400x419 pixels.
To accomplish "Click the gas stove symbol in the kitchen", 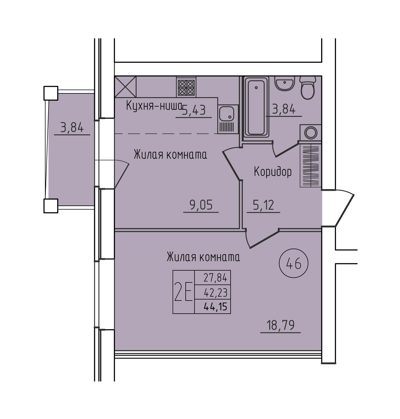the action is [186, 87].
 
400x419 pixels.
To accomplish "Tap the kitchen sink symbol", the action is [228, 119].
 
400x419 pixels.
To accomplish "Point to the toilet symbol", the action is [308, 88].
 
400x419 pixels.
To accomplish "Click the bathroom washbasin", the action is [285, 83].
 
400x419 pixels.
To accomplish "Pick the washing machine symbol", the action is [311, 133].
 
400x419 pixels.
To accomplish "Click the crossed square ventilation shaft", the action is [125, 87].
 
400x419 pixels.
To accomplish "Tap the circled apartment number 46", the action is [294, 263].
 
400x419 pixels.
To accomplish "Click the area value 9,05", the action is [201, 205].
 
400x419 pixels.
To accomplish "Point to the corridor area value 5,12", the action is [263, 205].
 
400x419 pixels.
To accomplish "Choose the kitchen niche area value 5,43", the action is [194, 110].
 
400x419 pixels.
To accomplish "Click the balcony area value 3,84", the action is [72, 128].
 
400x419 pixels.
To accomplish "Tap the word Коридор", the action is [273, 172].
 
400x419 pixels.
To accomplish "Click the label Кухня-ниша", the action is [154, 105].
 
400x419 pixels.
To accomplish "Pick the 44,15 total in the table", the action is [216, 307].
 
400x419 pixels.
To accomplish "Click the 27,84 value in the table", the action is [216, 278].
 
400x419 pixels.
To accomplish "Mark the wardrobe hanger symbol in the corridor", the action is [311, 166].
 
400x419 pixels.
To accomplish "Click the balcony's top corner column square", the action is [51, 93].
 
